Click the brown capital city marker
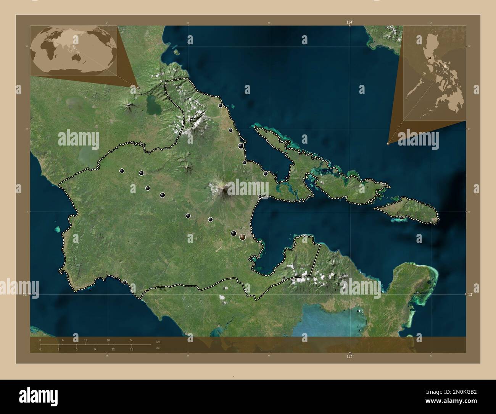(242, 237)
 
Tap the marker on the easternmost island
(401, 217)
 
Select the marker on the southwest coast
(124, 282)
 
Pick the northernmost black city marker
(220, 105)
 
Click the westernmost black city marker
(122, 171)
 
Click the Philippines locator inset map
(435, 73)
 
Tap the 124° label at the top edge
(349, 23)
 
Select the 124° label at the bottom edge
(349, 356)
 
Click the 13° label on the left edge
(25, 294)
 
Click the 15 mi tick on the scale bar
(131, 349)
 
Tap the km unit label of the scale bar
(158, 341)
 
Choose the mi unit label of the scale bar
(158, 348)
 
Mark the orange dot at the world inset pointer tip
(138, 87)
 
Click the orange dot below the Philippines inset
(388, 144)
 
